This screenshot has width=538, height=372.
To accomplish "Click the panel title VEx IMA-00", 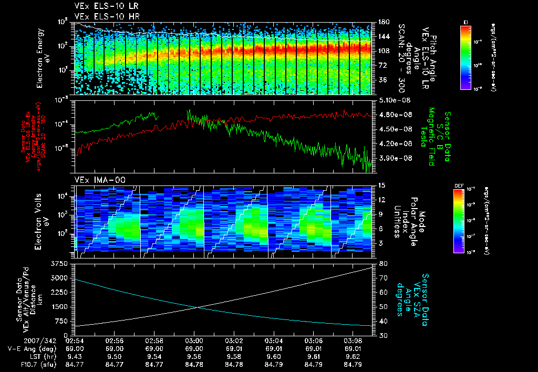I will click(96, 180).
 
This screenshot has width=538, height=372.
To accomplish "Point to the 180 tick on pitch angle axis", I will click(382, 22).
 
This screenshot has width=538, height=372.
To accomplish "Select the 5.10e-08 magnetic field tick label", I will click(394, 100).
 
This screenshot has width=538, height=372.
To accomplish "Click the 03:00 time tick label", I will click(194, 341).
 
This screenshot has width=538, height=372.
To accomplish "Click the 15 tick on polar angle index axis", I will click(381, 185).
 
